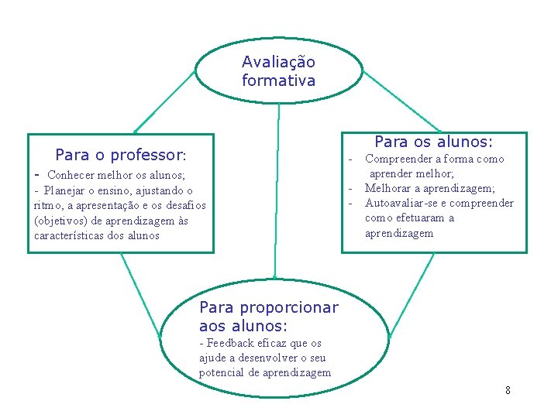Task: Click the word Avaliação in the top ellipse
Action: pos(278,62)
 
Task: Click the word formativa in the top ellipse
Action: pos(278,81)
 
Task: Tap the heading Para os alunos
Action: pos(433,142)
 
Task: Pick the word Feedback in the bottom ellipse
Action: pos(231,343)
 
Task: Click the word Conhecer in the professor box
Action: pos(72,175)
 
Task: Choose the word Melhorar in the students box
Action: pos(390,188)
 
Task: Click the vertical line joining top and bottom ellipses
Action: pos(277,194)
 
